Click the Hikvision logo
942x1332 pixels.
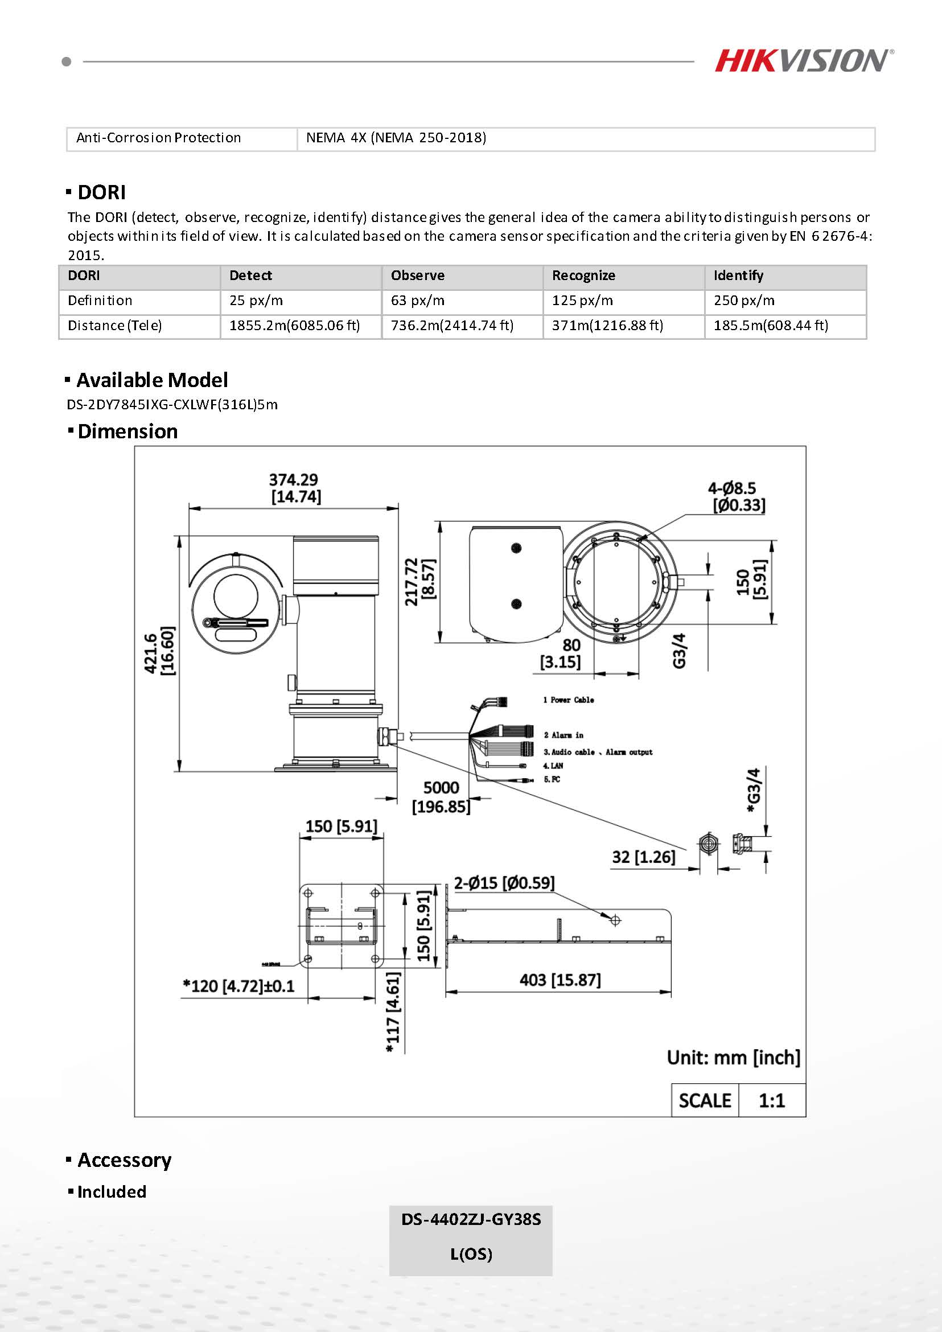(x=803, y=61)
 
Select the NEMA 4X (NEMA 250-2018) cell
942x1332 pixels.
(x=396, y=138)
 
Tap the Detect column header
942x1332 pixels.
(x=250, y=276)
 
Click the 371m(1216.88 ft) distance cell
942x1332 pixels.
(x=607, y=326)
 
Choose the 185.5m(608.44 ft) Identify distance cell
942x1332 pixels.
(x=770, y=326)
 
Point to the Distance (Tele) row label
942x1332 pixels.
(x=115, y=326)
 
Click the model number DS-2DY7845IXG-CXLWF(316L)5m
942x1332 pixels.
(x=172, y=404)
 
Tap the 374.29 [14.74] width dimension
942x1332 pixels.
(x=295, y=488)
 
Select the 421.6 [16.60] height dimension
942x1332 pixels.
(x=158, y=653)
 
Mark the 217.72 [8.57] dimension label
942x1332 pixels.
(x=419, y=581)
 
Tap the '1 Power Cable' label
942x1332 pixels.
(x=569, y=700)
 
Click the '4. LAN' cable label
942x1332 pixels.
(x=553, y=766)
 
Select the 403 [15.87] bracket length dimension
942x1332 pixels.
(x=560, y=980)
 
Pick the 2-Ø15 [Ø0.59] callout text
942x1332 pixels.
(x=504, y=883)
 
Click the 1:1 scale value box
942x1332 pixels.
(x=771, y=1100)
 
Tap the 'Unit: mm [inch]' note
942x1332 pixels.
(x=733, y=1058)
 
